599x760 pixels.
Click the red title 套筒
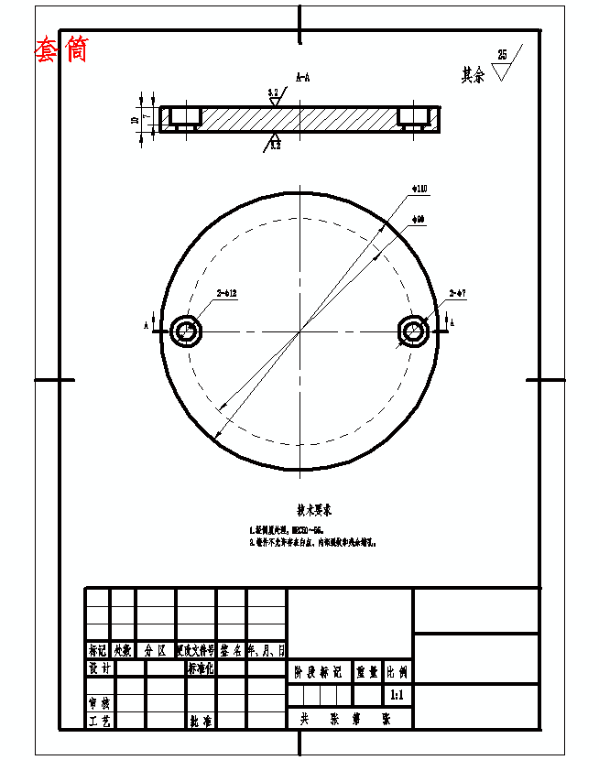[x=61, y=49]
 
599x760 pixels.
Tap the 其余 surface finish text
[x=473, y=75]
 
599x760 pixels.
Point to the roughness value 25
[x=502, y=55]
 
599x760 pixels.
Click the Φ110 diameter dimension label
[x=419, y=189]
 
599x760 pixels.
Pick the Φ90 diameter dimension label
[x=418, y=219]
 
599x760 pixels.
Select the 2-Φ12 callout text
[x=227, y=294]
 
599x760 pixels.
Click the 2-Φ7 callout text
[x=458, y=294]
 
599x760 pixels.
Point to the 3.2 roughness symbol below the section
[x=274, y=143]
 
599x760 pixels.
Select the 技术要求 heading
[x=314, y=508]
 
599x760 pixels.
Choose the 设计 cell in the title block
[x=99, y=669]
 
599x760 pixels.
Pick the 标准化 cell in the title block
[x=201, y=669]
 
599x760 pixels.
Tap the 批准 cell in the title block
[x=201, y=721]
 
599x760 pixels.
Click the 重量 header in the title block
[x=367, y=671]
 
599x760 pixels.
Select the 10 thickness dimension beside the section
[x=135, y=119]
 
